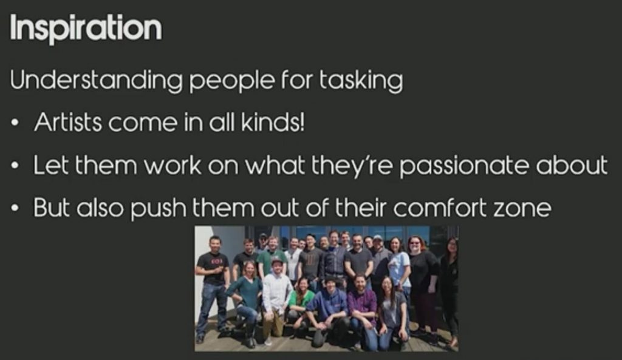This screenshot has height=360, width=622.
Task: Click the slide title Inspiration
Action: pyautogui.click(x=86, y=29)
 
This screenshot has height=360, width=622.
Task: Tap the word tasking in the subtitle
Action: pyautogui.click(x=361, y=81)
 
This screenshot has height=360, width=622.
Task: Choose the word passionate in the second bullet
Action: pyautogui.click(x=463, y=166)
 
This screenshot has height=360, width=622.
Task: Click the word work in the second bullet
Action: pyautogui.click(x=173, y=165)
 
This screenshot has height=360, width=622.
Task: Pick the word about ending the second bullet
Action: pyautogui.click(x=572, y=165)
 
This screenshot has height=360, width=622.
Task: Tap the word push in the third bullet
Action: pyautogui.click(x=159, y=209)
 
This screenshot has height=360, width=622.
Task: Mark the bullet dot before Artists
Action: pyautogui.click(x=15, y=123)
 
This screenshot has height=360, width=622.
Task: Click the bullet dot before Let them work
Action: pyautogui.click(x=15, y=166)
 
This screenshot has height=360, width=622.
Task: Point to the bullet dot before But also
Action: pyautogui.click(x=15, y=208)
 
